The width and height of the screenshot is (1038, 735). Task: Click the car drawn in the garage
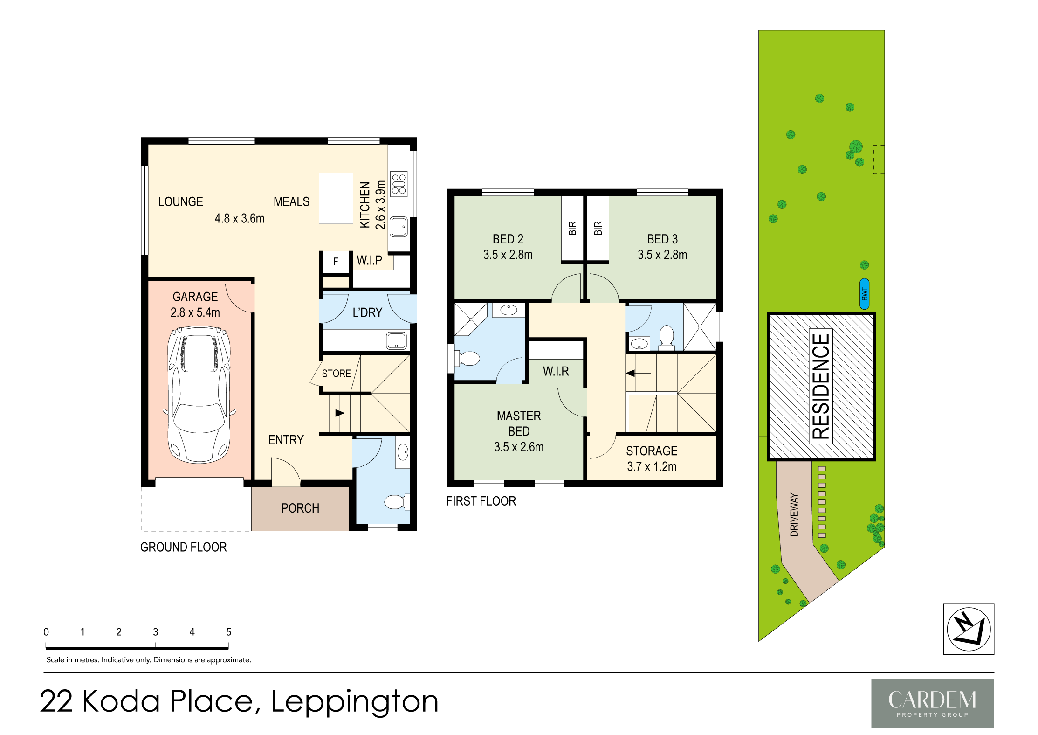coord(199,395)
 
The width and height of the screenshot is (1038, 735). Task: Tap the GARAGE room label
coord(195,297)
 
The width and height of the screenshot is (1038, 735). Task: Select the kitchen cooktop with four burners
coord(399,184)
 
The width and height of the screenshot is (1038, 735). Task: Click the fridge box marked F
coord(336,262)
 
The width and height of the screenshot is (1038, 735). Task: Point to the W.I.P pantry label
coord(369,260)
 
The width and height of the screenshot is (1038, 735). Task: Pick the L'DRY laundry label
coord(367,312)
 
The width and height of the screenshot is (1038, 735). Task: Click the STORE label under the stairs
coord(336,374)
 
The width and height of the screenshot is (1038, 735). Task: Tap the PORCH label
coord(300,508)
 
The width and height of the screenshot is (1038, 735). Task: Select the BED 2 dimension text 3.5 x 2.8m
coord(508,255)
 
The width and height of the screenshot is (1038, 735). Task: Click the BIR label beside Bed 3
coord(598,228)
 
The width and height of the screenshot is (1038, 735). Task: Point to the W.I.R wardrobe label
coord(556,371)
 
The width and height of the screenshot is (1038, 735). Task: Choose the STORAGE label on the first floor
coord(652,451)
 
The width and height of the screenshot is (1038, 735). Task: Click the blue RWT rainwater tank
coord(864,294)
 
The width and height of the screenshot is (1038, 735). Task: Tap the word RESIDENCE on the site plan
coord(821,387)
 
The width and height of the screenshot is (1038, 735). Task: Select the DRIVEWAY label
coord(794,515)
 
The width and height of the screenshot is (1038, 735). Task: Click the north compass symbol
coord(969,629)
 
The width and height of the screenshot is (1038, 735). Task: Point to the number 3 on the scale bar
coord(156,632)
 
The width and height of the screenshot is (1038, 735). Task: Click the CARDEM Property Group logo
coord(933,703)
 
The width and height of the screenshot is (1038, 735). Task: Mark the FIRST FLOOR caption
coord(481,501)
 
